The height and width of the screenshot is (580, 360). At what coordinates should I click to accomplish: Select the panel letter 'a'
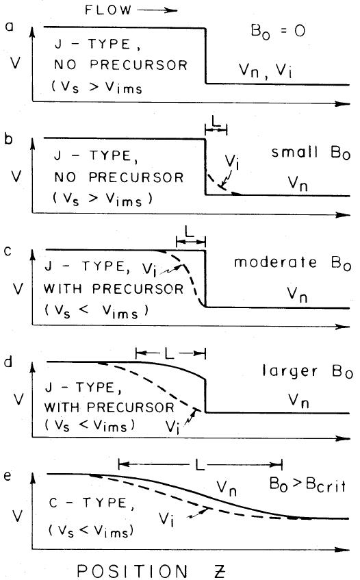(x=8, y=28)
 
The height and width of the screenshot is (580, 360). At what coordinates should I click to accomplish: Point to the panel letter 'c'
(x=8, y=251)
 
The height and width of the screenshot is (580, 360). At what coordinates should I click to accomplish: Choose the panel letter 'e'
(x=8, y=473)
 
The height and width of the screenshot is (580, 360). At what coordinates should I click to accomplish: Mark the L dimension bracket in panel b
(x=216, y=129)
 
